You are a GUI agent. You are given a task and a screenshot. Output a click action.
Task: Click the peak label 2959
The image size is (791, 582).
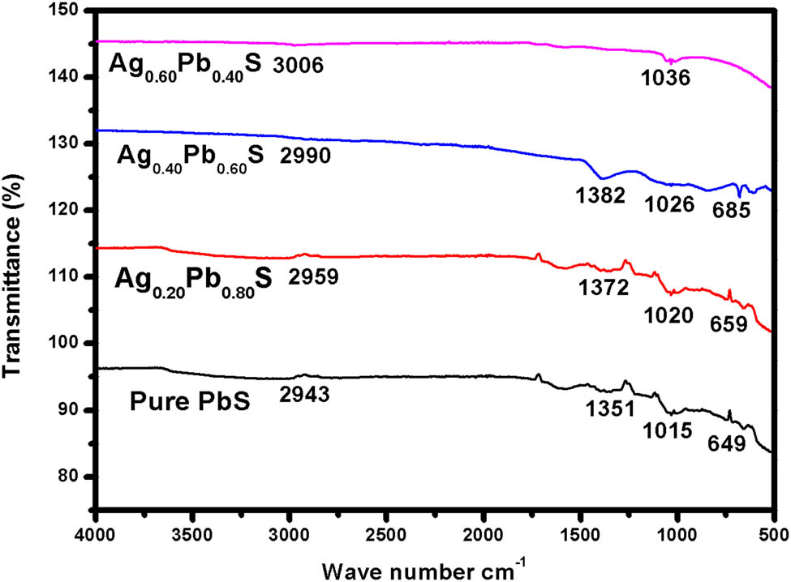[x=313, y=276]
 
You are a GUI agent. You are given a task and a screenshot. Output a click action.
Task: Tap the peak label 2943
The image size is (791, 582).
[x=305, y=396]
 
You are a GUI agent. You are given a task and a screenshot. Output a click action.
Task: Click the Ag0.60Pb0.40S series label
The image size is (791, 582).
[x=183, y=65]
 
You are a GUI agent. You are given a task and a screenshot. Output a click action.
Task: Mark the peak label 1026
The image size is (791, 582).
[x=670, y=204]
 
